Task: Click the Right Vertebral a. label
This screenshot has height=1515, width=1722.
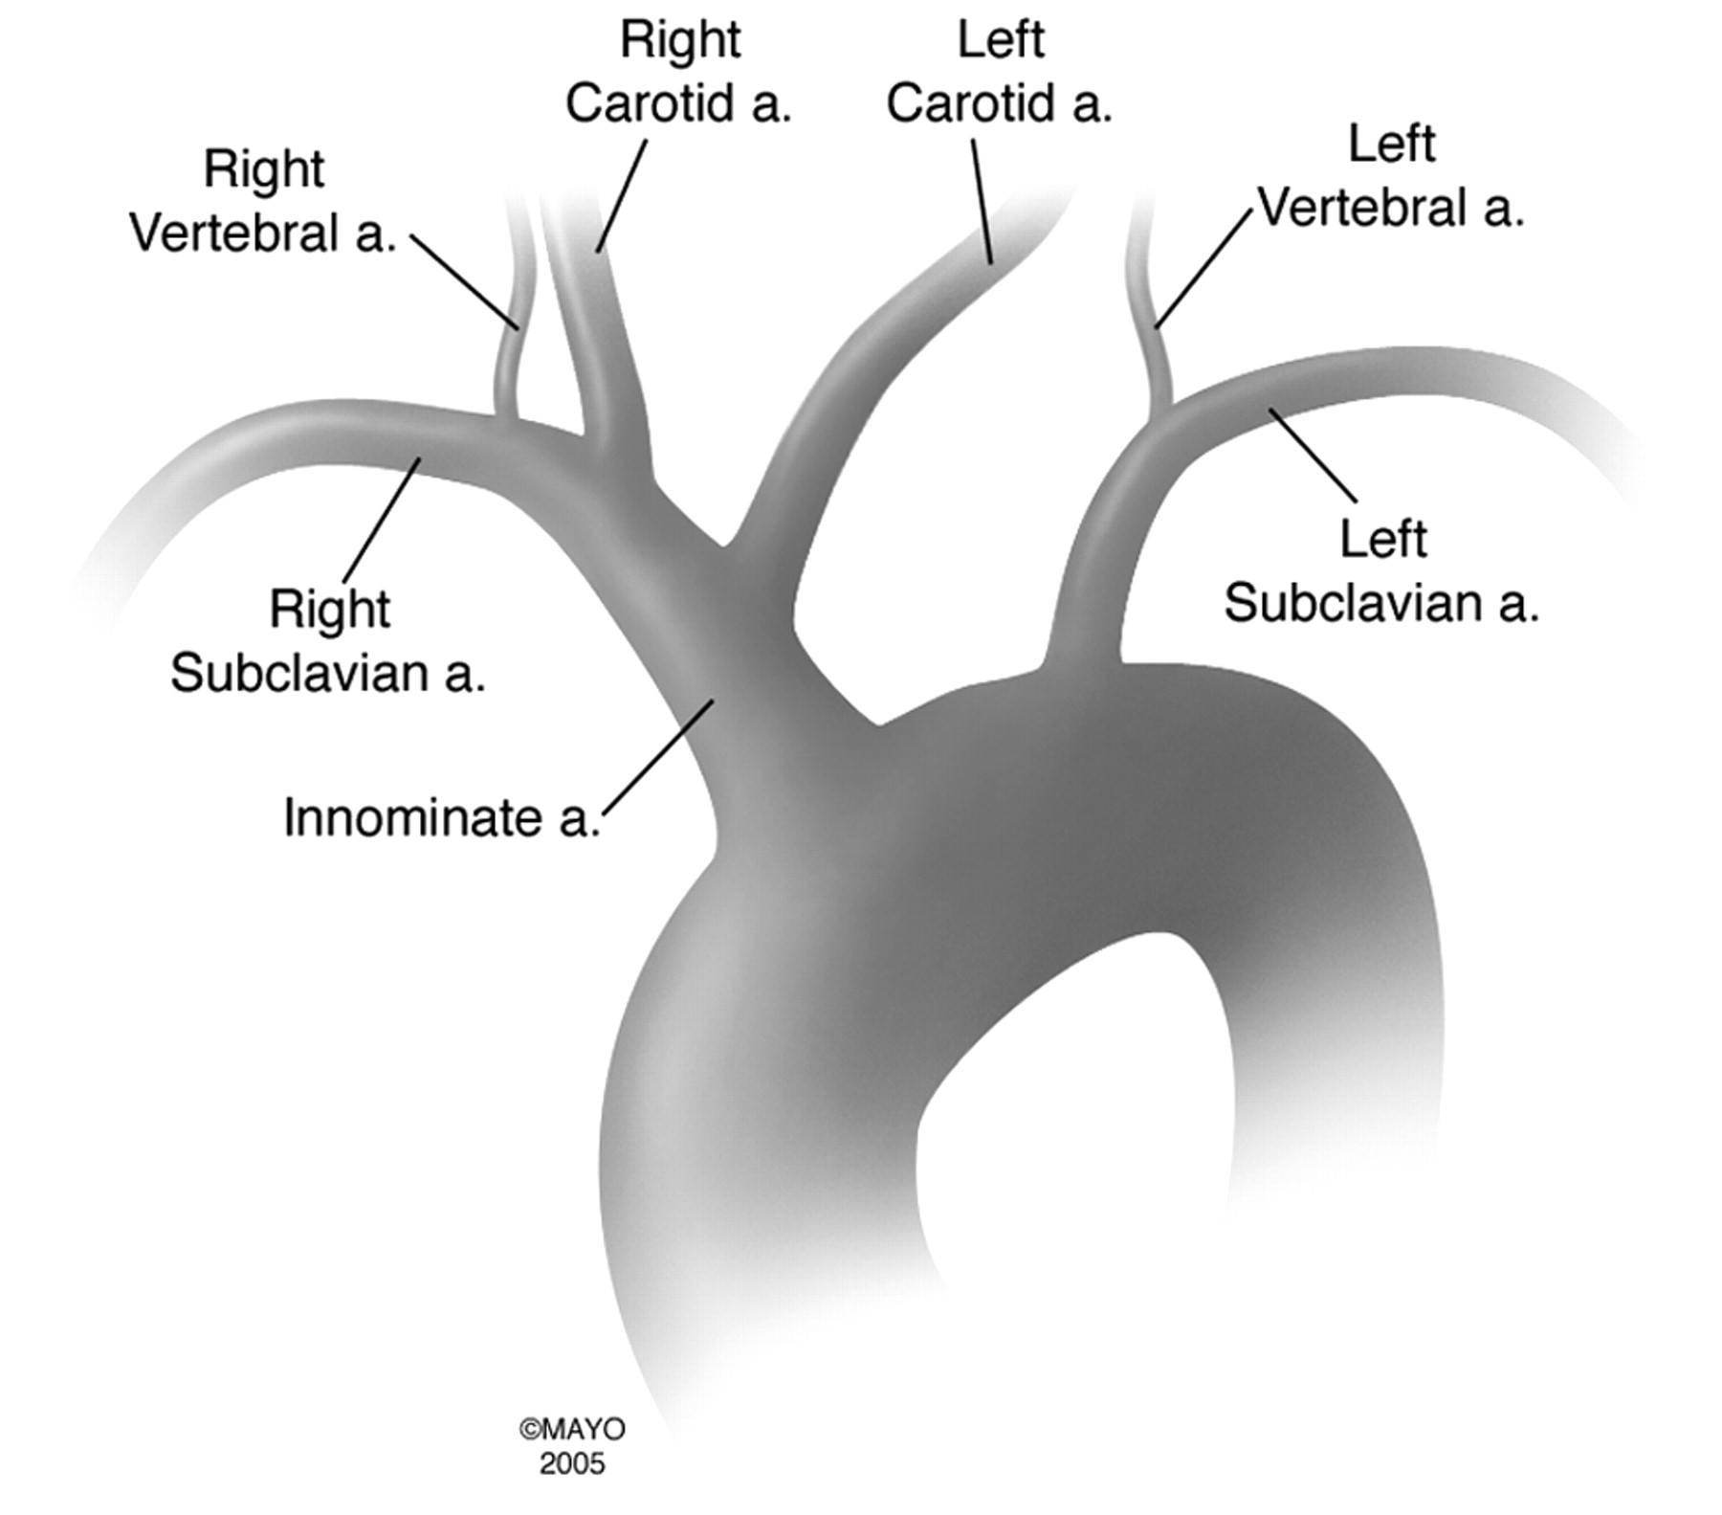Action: (x=263, y=201)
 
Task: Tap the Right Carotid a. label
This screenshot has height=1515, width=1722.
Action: (x=678, y=72)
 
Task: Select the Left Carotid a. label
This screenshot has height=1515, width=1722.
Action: (x=1000, y=72)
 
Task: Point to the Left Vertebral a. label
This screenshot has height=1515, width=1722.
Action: (x=1391, y=176)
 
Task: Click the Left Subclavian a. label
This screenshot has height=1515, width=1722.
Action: (x=1381, y=571)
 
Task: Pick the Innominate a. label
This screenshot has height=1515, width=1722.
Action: (x=442, y=819)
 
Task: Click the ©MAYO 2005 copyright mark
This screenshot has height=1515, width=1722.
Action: (x=572, y=1446)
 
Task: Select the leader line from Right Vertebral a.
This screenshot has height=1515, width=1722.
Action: (x=466, y=281)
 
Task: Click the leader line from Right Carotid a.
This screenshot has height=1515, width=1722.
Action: (x=622, y=196)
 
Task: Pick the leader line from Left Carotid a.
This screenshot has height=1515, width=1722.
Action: (x=982, y=201)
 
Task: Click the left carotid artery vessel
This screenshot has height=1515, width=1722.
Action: (x=861, y=383)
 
